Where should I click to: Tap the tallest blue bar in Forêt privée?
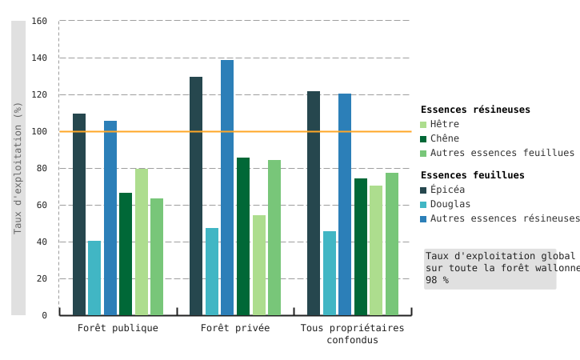227,187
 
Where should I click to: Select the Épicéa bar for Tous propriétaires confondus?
314,203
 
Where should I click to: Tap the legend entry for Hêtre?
444,124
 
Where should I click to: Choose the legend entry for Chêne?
444,138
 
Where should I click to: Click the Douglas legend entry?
450,204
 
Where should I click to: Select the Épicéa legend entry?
446,190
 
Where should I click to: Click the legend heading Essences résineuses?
475,110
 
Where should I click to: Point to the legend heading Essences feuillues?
472,175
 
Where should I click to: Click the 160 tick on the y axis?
39,21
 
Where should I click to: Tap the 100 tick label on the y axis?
39,131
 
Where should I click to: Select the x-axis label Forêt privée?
235,328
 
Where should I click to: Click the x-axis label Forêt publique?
118,328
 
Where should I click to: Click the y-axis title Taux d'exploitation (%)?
18,168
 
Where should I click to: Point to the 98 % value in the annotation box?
437,280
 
